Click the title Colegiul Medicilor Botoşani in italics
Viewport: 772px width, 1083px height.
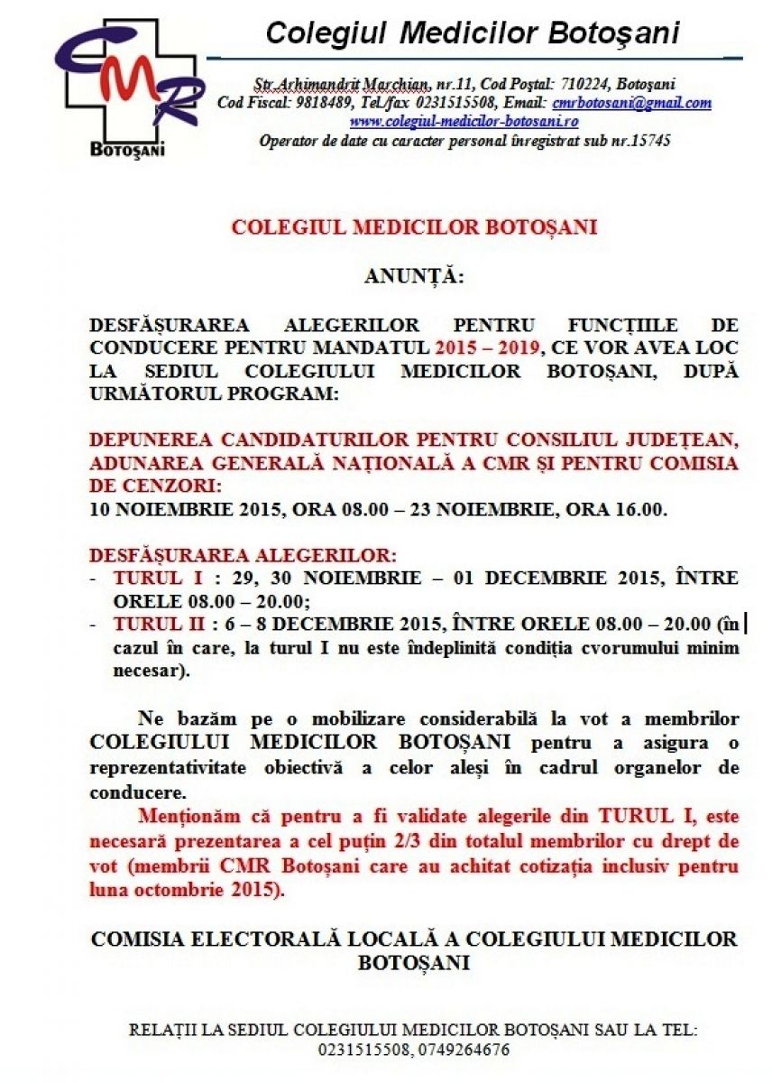473,34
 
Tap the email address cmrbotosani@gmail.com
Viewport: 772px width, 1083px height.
631,103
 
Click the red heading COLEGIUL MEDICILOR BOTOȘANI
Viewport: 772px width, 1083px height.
414,227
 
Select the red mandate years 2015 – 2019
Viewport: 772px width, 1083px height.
487,347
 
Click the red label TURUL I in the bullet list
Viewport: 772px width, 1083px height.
148,578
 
